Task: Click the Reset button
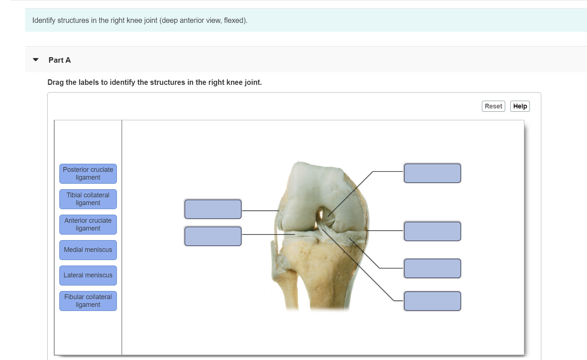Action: [493, 106]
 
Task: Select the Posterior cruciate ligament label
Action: [88, 174]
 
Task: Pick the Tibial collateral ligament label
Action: [88, 199]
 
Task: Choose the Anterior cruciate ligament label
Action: [88, 225]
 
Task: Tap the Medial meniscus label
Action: [88, 250]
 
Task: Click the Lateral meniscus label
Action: [88, 276]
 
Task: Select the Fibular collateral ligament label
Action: [88, 301]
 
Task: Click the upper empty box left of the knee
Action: [213, 209]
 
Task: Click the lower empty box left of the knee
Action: [213, 236]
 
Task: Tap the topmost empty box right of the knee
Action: [432, 173]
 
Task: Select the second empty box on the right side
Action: [432, 231]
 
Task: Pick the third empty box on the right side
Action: [432, 269]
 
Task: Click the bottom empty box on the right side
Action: [432, 301]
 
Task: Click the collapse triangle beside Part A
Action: [36, 60]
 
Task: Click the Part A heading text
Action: [59, 60]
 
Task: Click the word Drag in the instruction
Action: [55, 82]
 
